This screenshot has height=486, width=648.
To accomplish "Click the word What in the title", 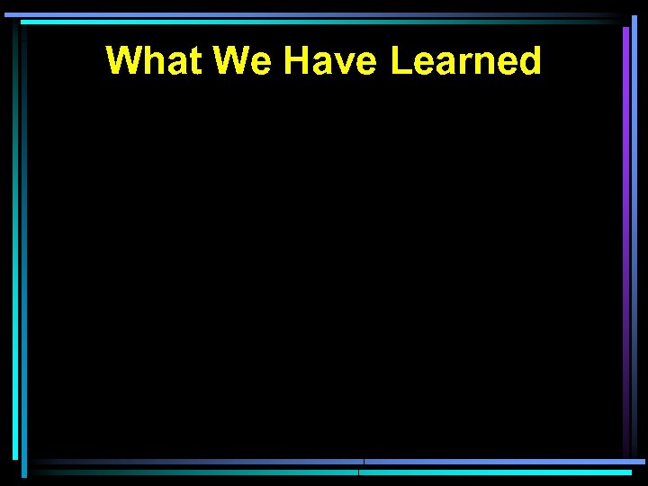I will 154,61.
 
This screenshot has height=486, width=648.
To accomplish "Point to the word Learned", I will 466,61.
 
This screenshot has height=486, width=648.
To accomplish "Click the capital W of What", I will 124,61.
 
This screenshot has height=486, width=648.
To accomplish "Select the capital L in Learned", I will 400,61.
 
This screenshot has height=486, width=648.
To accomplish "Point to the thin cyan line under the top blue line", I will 315,22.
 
